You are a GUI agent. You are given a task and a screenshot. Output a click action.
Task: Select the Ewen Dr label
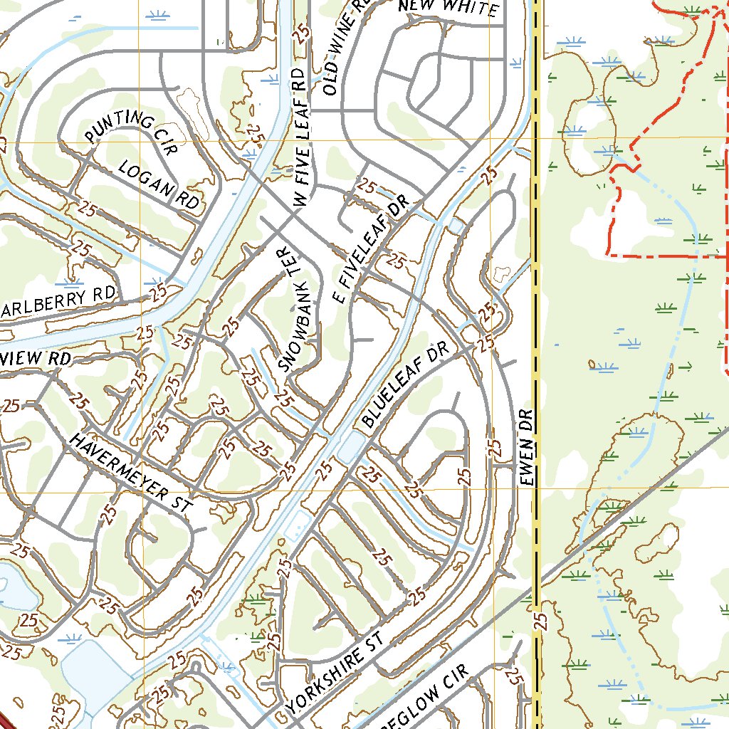point(527,448)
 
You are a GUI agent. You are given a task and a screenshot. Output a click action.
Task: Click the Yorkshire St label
point(335,673)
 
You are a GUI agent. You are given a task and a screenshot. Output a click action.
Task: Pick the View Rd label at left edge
point(36,358)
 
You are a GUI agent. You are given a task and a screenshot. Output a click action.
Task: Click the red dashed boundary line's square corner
point(608,253)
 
